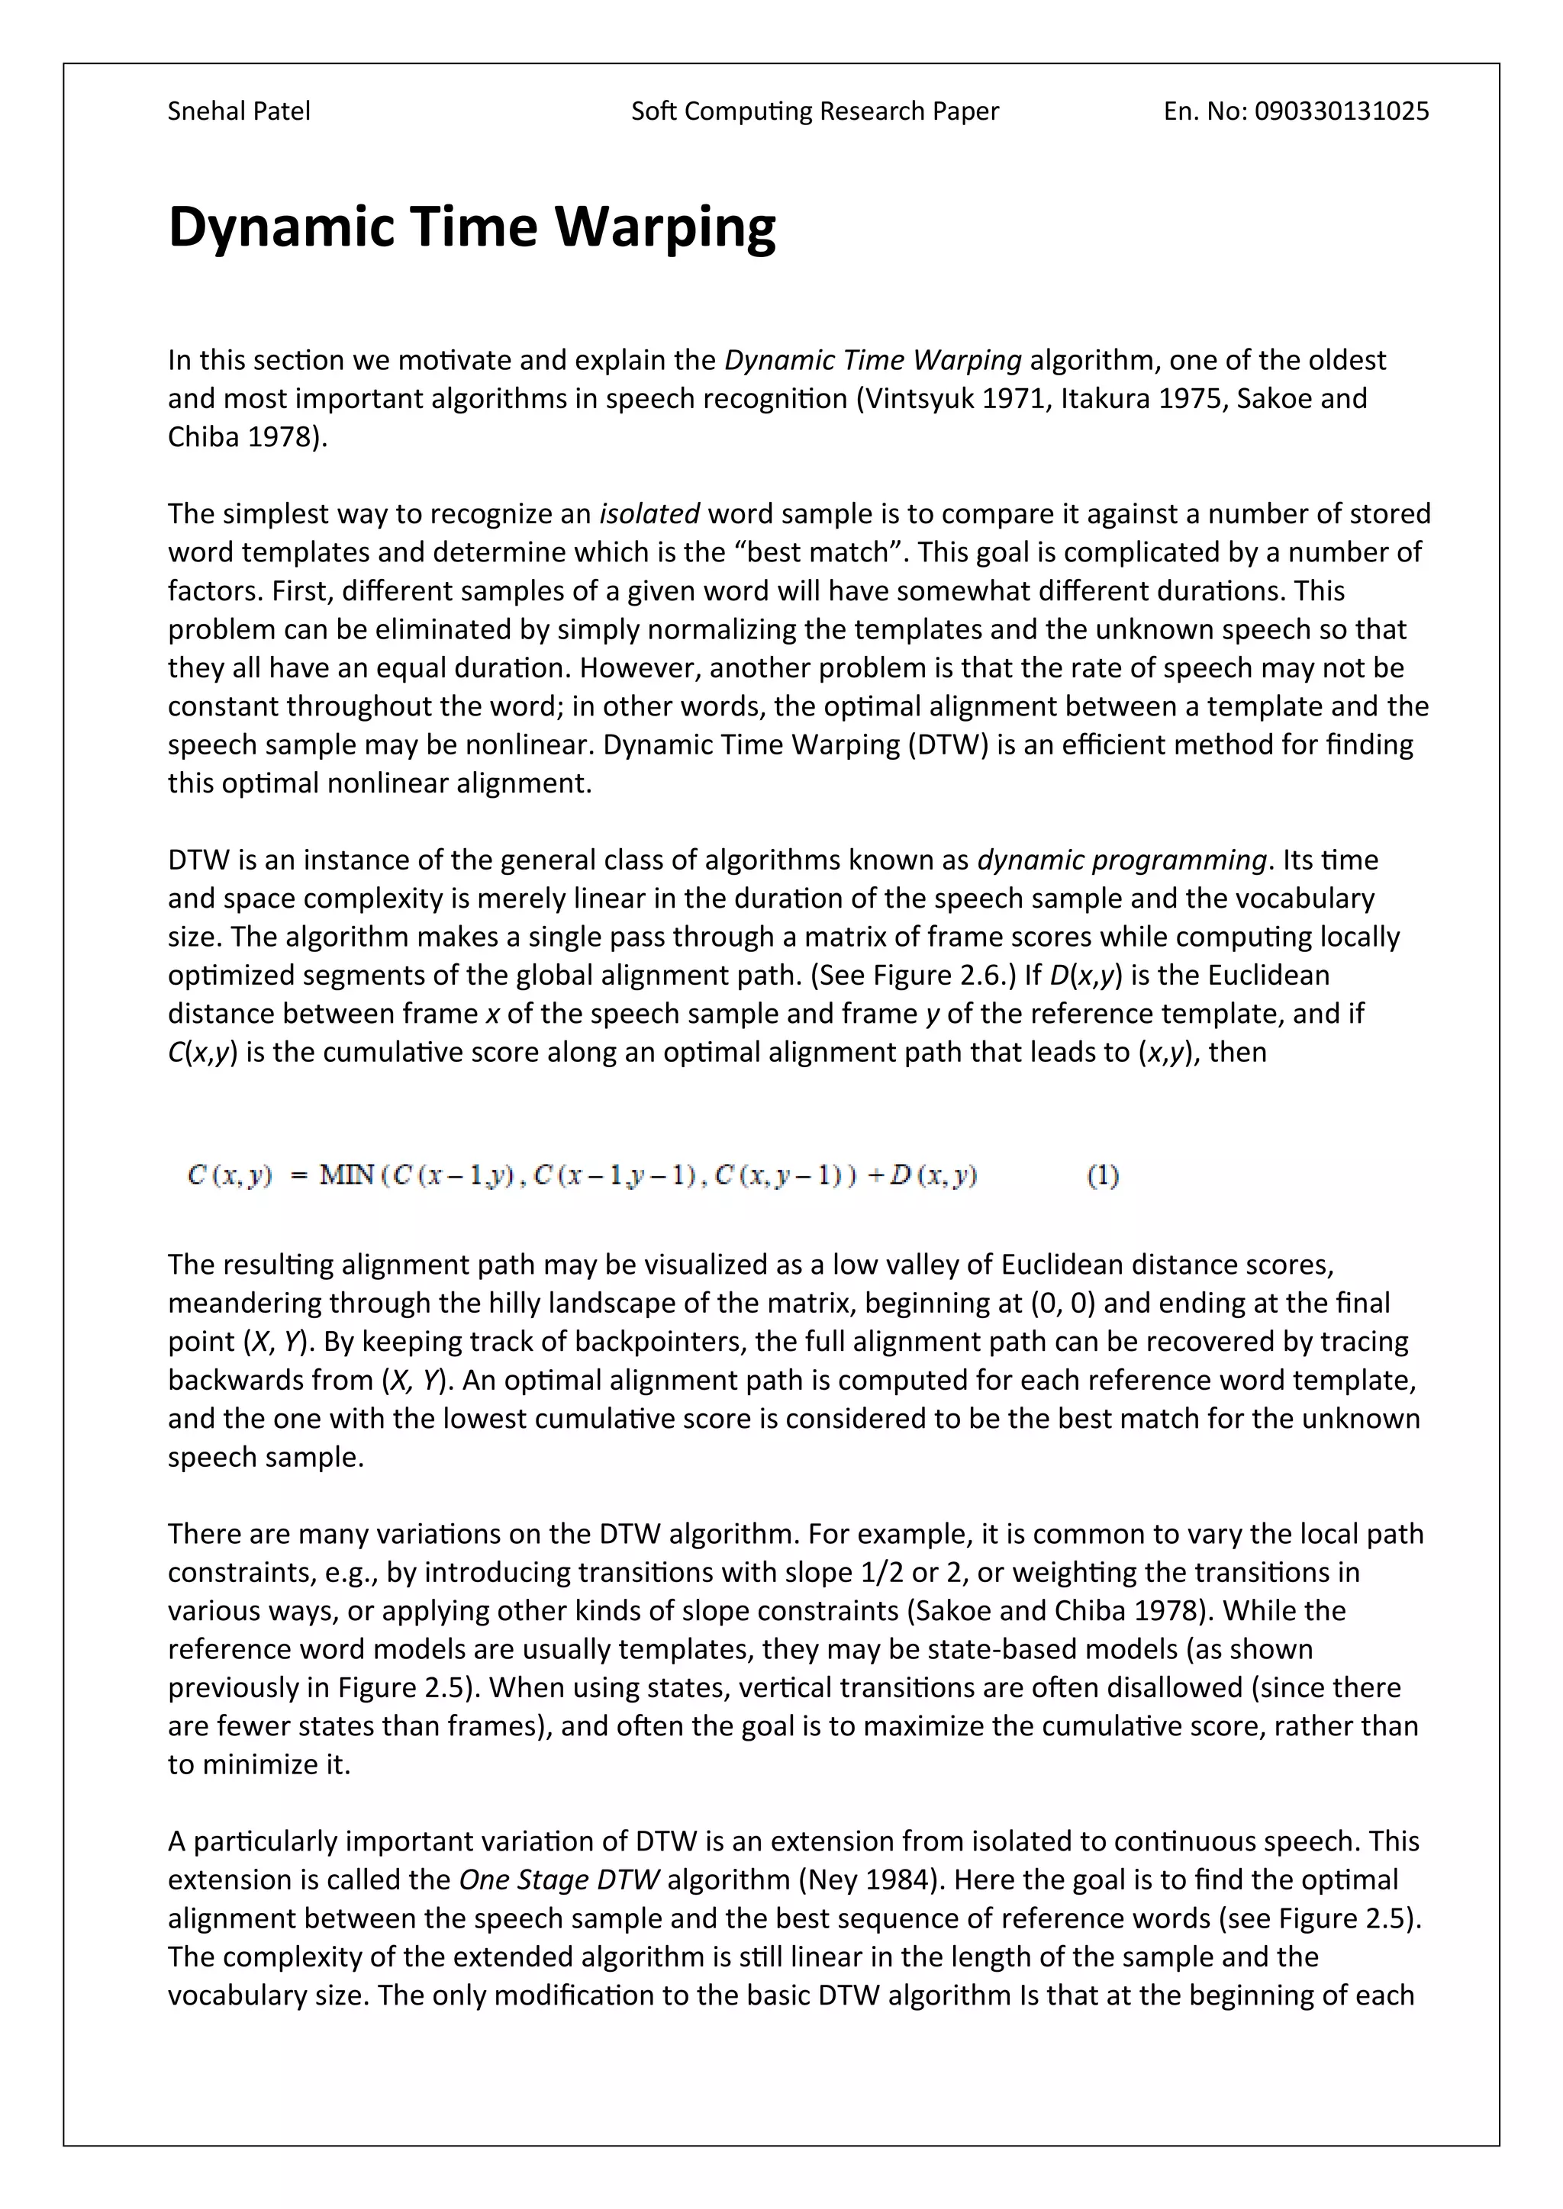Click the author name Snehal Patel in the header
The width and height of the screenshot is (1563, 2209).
point(239,111)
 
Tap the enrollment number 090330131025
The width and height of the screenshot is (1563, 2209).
point(1342,111)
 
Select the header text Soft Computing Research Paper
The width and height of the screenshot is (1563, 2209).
point(814,111)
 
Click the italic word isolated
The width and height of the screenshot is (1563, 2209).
point(649,514)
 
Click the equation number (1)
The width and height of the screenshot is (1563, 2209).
point(1103,1175)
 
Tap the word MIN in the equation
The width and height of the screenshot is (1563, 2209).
point(346,1175)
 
